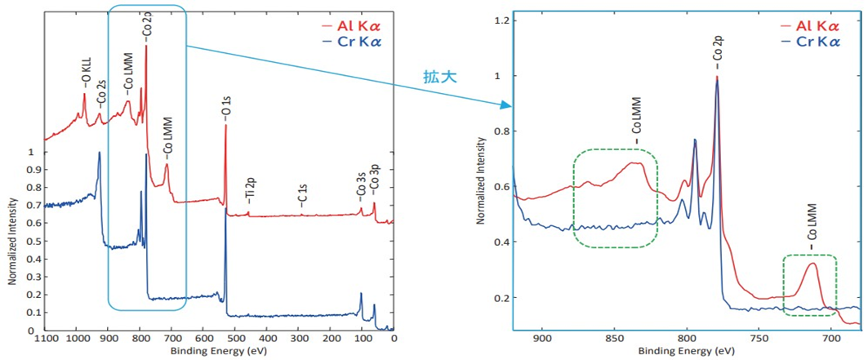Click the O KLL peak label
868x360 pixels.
point(84,74)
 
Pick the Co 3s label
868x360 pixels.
point(360,185)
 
